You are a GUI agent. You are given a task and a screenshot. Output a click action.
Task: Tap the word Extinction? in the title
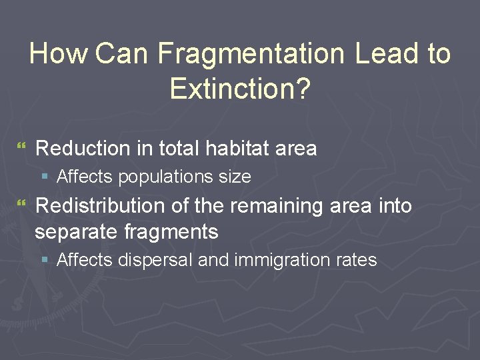(x=240, y=88)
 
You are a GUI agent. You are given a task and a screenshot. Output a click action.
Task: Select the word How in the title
(x=58, y=54)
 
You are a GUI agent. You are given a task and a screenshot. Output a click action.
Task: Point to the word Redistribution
(x=101, y=206)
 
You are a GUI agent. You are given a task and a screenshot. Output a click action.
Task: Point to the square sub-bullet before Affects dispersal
(x=45, y=260)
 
